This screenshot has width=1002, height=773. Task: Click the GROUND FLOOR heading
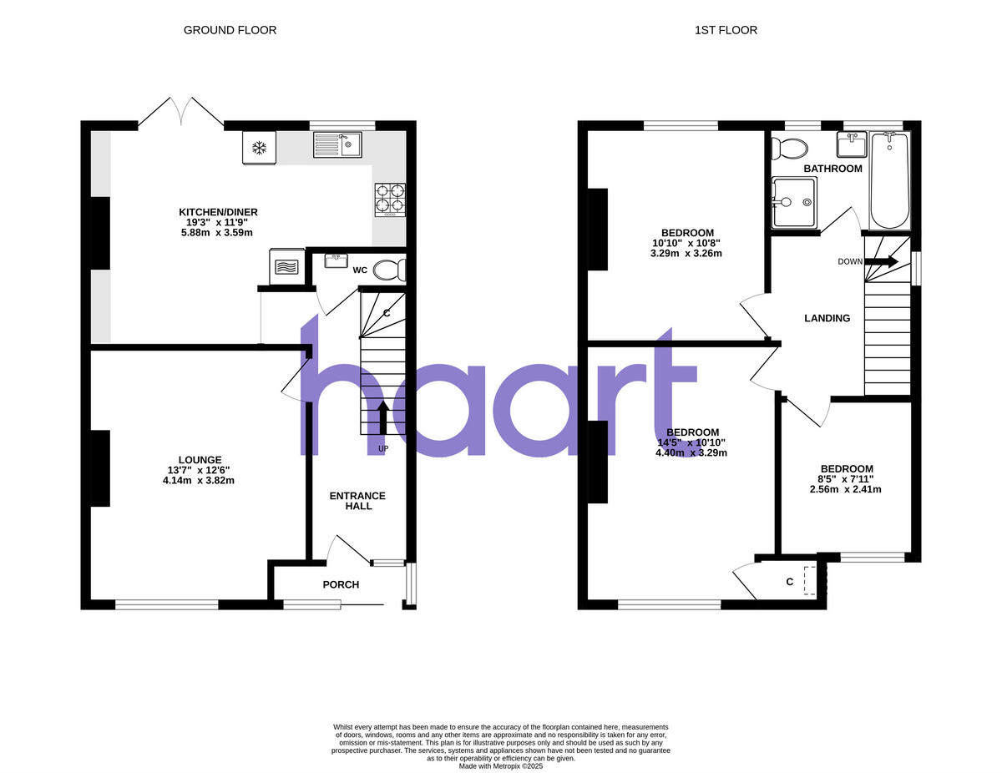coord(230,30)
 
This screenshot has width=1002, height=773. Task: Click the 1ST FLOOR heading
coord(726,30)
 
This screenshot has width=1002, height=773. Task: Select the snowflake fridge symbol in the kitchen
coord(260,149)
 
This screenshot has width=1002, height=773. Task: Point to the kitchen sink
coord(337,145)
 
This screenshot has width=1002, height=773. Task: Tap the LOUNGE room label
coord(200,459)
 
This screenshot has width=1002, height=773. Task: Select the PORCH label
coord(341,584)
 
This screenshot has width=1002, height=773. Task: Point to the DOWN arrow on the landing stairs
coord(881,261)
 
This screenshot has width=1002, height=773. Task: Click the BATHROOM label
coord(832,169)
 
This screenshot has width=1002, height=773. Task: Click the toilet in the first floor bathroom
coord(790,149)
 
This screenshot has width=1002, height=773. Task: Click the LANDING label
coord(827,318)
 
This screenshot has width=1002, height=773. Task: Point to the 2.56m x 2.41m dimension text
coord(846,489)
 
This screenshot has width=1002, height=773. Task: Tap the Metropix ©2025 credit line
coord(501,765)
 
